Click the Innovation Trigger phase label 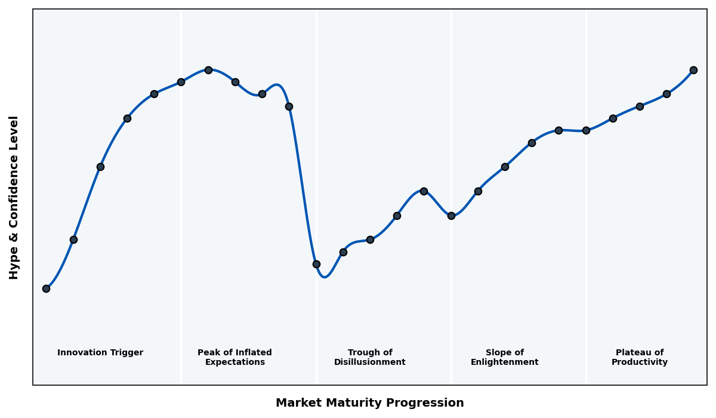100,353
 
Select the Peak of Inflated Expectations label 234,357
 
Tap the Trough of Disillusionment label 370,357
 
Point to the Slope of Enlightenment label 504,357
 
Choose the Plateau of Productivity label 640,357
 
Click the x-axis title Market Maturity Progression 369,403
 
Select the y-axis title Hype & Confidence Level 14,197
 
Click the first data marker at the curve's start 46,288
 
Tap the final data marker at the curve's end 693,70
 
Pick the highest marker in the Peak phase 208,70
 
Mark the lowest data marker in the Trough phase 316,264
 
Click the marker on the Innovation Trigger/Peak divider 181,82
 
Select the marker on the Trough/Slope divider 451,216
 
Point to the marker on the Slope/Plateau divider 586,130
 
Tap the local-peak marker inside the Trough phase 424,191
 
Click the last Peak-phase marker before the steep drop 289,106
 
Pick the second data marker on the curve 73,239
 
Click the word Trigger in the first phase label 126,353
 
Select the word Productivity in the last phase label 640,362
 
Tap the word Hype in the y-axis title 14,266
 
